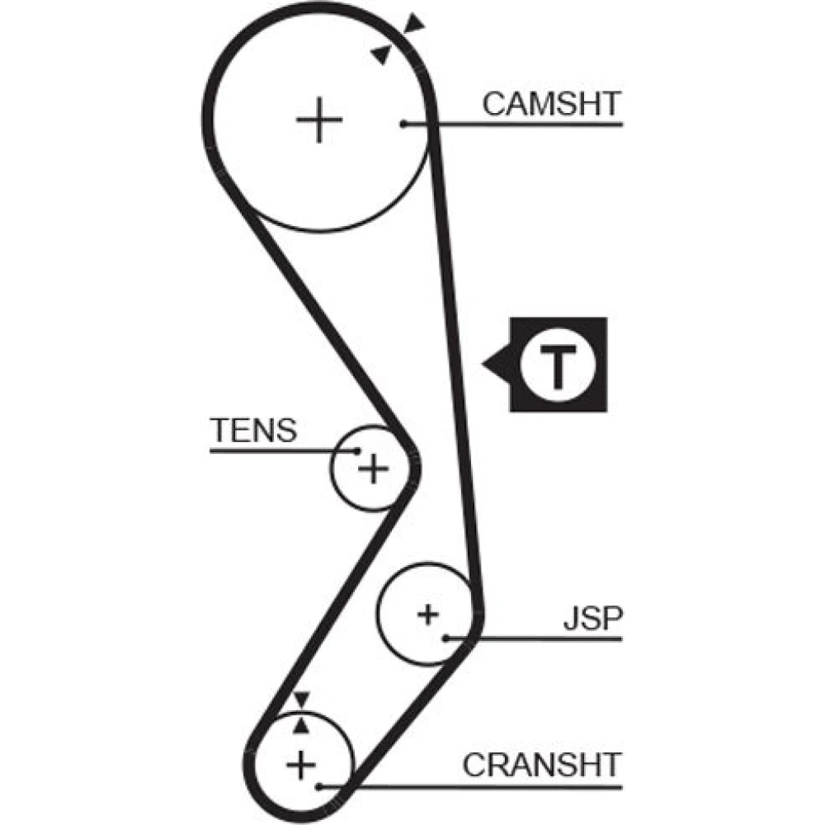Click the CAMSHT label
tap(551, 104)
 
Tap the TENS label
tap(253, 430)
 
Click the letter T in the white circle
tap(558, 365)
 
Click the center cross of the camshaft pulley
tap(319, 120)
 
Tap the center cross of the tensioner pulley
tap(373, 468)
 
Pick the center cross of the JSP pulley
tap(428, 614)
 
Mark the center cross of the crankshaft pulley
tap(301, 765)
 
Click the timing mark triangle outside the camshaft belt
tap(414, 24)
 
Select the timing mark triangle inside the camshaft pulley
tap(381, 54)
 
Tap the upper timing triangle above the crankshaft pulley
tap(301, 700)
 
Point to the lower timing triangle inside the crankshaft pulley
tap(301, 725)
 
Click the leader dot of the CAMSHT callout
tap(403, 125)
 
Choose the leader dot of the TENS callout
tap(357, 450)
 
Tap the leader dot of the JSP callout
tap(445, 639)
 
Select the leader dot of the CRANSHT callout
tap(318, 787)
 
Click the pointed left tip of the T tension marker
tap(483, 364)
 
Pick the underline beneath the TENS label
tap(283, 450)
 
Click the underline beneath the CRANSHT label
tap(470, 787)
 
